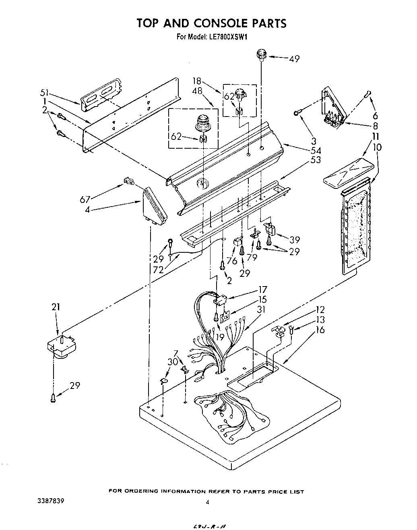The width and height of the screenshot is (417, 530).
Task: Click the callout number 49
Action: click(x=294, y=59)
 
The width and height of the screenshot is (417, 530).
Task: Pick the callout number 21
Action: click(x=56, y=307)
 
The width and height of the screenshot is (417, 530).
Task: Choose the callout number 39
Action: click(x=294, y=239)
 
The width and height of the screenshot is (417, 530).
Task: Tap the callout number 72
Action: click(x=158, y=270)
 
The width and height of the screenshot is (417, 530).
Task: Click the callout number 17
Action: click(x=262, y=289)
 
